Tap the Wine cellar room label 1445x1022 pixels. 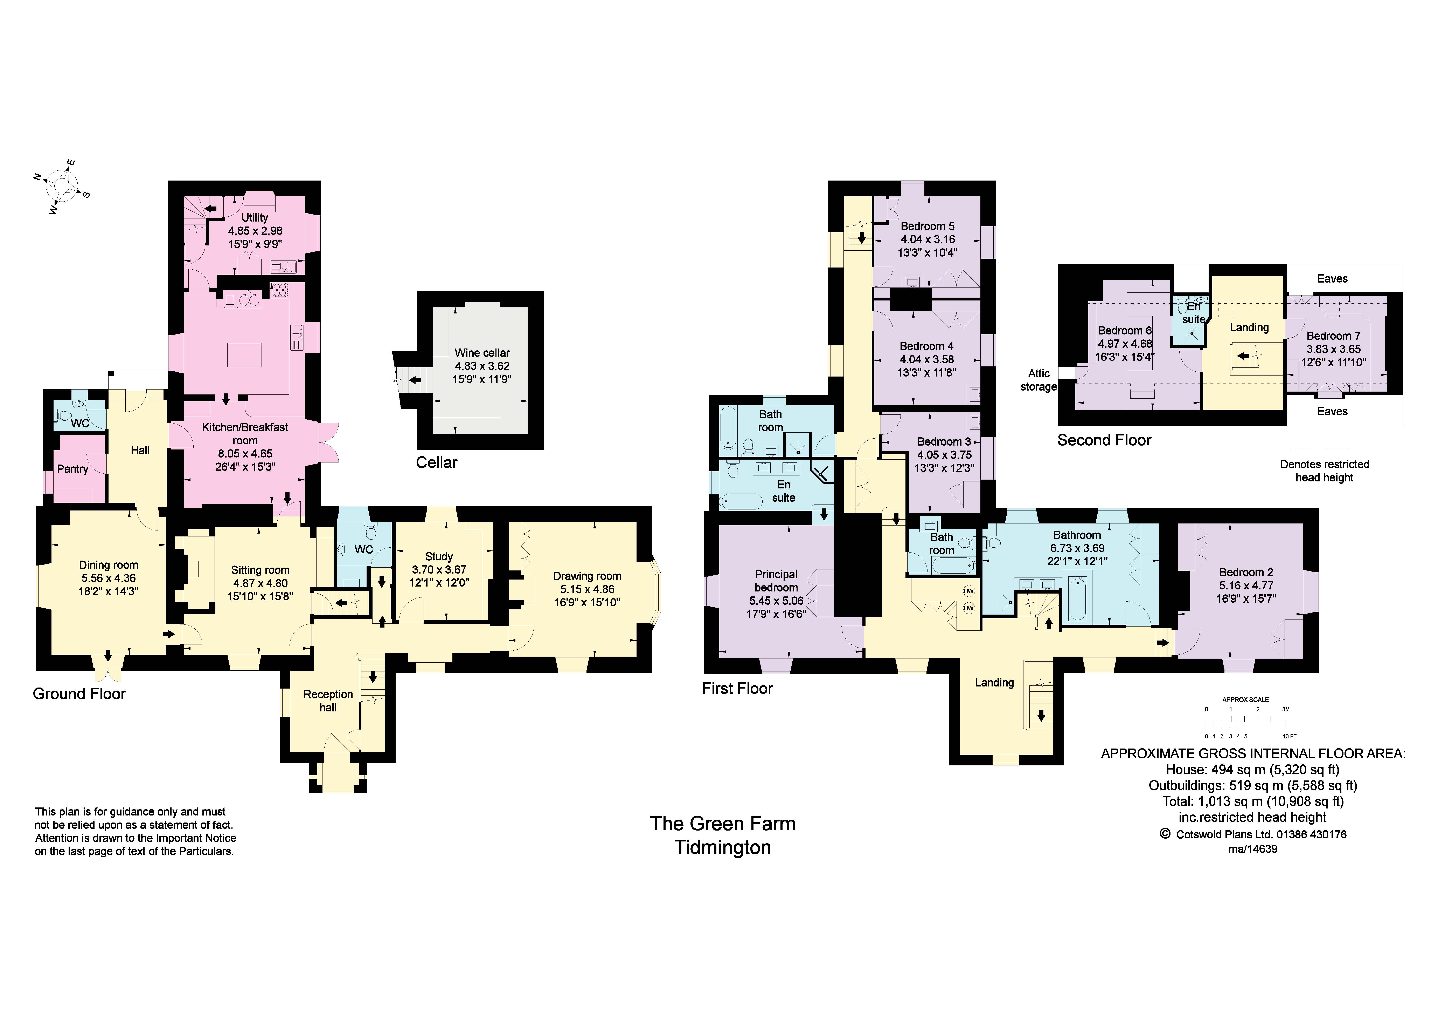(482, 353)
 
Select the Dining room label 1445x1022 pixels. (108, 565)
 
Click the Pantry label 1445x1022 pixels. (72, 469)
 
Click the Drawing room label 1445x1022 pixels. (586, 576)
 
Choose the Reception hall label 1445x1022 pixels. (328, 701)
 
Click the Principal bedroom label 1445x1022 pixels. (776, 581)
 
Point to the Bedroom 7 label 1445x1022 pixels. (1333, 336)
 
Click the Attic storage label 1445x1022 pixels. (1038, 380)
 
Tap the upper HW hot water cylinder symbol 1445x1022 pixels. (968, 591)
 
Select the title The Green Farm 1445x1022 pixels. (722, 824)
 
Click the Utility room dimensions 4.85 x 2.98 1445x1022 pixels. (255, 230)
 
